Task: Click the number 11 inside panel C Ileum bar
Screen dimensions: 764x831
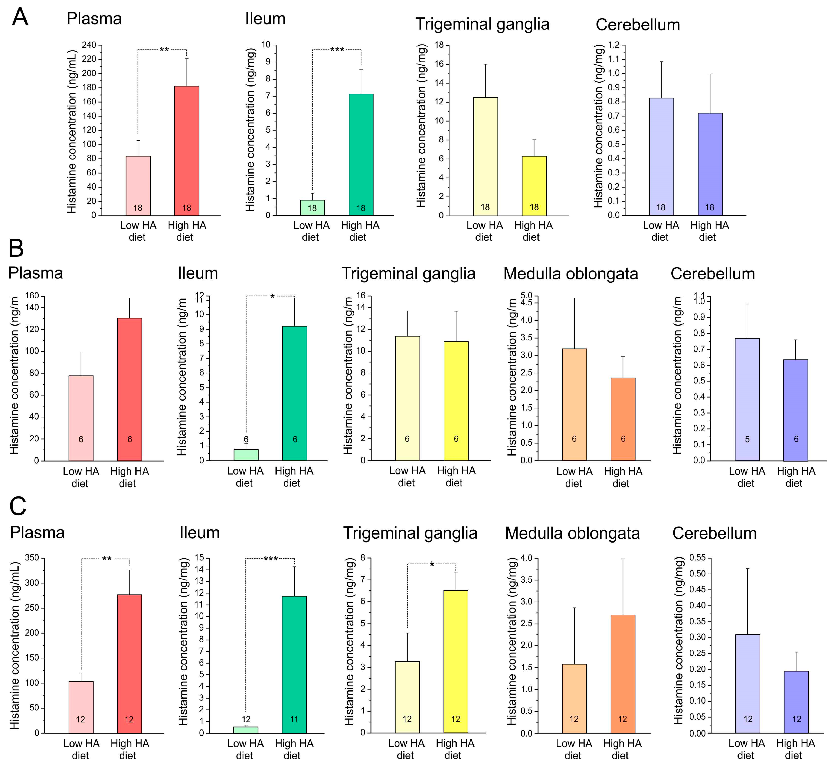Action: tap(294, 719)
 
